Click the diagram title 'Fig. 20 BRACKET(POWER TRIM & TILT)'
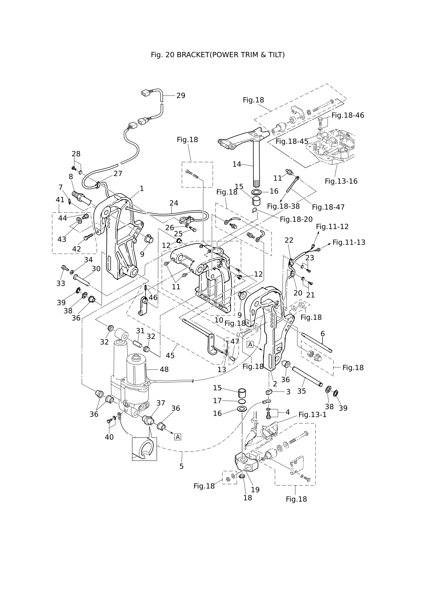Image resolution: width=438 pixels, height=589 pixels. click(x=218, y=55)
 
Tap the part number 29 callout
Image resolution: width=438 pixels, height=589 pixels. click(x=181, y=96)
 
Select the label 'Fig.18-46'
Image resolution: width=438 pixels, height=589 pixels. click(x=348, y=115)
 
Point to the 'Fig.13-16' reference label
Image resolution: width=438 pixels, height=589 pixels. click(x=341, y=181)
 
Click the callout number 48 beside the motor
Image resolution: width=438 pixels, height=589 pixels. click(x=164, y=370)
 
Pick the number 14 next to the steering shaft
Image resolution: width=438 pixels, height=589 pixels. click(x=237, y=164)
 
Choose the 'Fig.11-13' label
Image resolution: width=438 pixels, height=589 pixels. click(x=349, y=242)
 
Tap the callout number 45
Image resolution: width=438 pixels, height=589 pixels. click(x=170, y=356)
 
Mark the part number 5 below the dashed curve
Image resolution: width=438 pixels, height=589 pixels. click(x=181, y=466)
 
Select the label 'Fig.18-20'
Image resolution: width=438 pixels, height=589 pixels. click(x=296, y=219)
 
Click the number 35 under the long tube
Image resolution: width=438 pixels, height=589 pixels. click(x=301, y=391)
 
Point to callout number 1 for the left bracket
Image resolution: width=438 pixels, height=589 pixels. click(x=142, y=189)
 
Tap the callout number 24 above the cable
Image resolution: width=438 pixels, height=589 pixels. click(x=174, y=203)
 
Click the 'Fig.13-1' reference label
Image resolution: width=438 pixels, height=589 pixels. click(x=312, y=415)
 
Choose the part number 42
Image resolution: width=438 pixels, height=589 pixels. click(x=77, y=249)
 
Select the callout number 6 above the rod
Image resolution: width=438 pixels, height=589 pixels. click(x=323, y=334)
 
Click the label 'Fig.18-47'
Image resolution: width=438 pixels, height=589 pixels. click(x=328, y=207)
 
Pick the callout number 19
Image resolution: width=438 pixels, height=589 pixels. click(x=255, y=490)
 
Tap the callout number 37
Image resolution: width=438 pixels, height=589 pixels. click(x=161, y=403)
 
